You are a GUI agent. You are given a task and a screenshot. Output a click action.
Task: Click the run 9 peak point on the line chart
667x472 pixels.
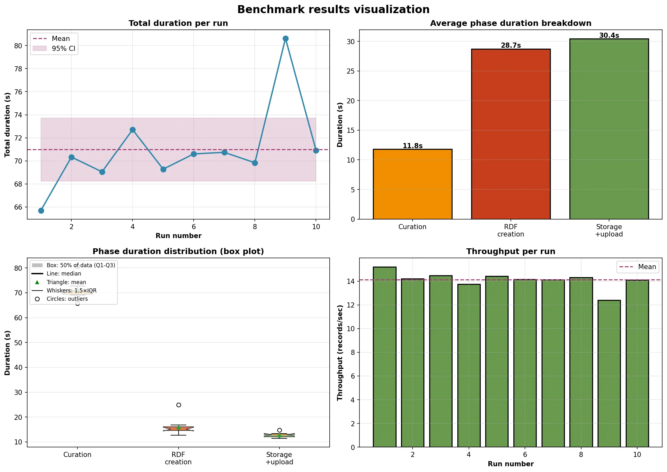click(285, 39)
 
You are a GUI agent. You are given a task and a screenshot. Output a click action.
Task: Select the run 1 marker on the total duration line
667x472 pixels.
click(41, 211)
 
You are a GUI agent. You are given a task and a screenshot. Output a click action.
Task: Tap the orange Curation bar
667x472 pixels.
click(412, 184)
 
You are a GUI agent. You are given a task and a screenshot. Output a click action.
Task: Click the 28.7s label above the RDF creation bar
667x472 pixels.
click(510, 45)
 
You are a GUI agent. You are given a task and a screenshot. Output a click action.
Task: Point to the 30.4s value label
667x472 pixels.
click(609, 36)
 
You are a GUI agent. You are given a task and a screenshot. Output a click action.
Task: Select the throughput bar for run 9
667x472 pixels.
click(609, 373)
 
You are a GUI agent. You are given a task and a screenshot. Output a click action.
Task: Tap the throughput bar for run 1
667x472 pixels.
click(384, 357)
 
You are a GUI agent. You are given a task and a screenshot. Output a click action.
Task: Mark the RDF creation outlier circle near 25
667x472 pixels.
click(179, 405)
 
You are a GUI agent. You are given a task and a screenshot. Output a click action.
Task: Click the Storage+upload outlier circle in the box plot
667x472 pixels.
click(279, 430)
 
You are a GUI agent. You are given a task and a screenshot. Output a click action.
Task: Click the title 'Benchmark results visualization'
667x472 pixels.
click(333, 10)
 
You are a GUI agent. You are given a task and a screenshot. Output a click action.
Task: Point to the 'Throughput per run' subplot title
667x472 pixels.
click(510, 252)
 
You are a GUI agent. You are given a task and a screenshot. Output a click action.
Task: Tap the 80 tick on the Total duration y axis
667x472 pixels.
click(18, 46)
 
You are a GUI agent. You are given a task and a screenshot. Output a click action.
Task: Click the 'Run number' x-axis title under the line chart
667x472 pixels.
click(178, 236)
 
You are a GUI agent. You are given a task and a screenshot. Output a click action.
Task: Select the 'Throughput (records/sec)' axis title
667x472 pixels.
click(340, 352)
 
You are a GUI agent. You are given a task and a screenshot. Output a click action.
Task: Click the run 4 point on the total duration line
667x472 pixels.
click(133, 130)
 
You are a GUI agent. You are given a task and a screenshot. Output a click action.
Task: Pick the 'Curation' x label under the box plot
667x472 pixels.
click(77, 455)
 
